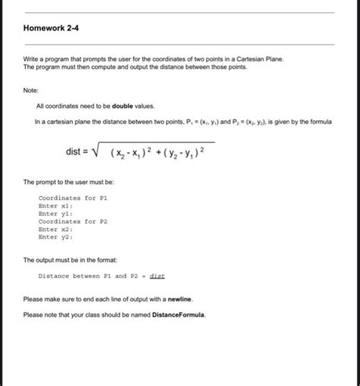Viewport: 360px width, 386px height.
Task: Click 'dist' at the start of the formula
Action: tap(74, 152)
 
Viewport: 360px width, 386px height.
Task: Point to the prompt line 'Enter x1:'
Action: tap(55, 205)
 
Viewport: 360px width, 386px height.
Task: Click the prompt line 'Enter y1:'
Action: tap(55, 214)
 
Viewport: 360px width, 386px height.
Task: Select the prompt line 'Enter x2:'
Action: tap(55, 229)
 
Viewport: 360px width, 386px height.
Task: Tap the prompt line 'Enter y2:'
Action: tap(55, 238)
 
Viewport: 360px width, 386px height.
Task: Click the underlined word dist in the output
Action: tap(157, 277)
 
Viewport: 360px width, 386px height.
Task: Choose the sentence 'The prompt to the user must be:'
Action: tap(68, 183)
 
